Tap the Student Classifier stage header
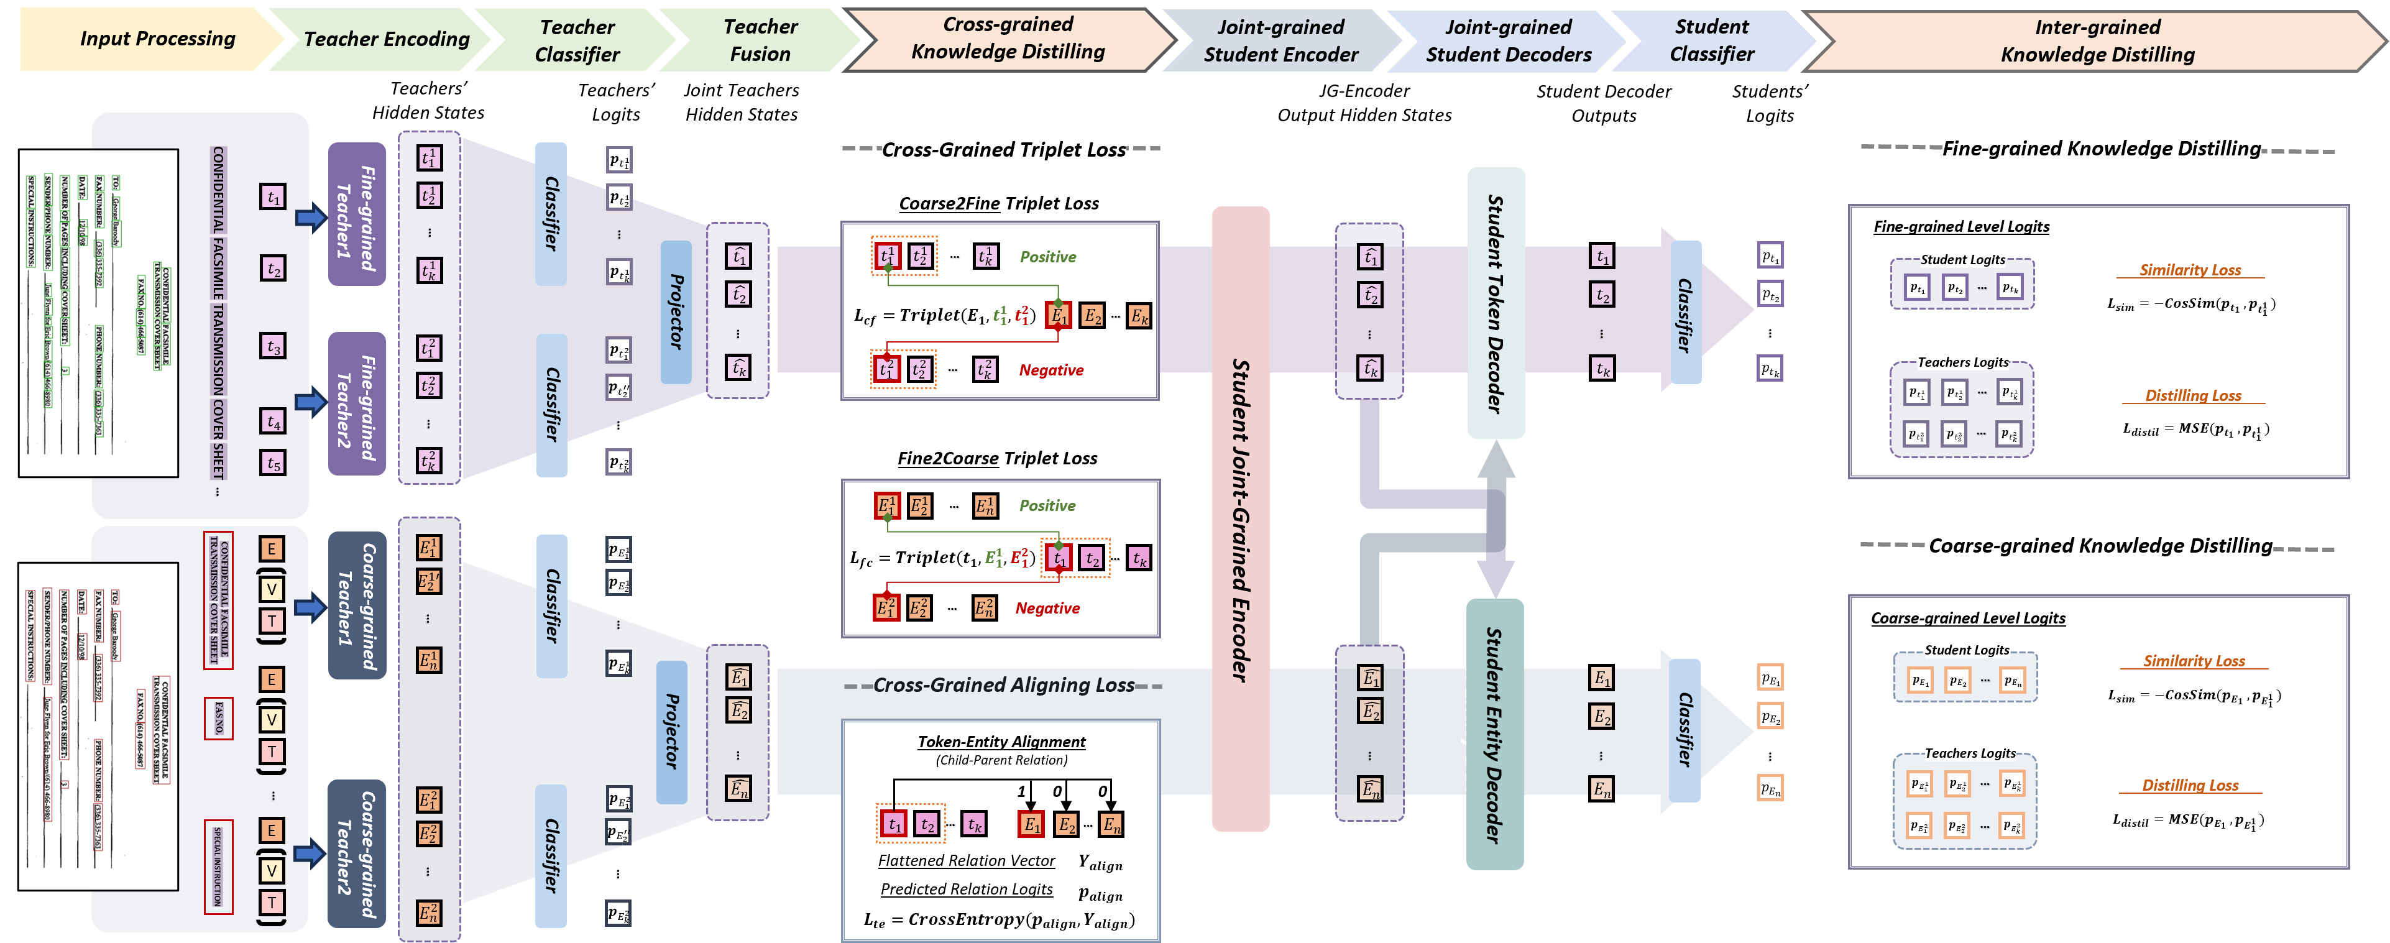tap(1712, 40)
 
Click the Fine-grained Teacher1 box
tap(357, 214)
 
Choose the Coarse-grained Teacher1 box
tap(357, 605)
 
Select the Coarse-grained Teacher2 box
tap(357, 853)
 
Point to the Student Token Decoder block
tap(1495, 303)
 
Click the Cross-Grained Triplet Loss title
tap(1003, 149)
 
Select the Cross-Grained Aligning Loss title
tap(1003, 685)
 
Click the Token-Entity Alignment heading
tap(1001, 742)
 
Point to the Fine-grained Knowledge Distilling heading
tap(2102, 149)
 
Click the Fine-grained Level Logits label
tap(1961, 226)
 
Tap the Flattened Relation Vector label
tap(967, 860)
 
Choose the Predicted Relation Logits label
tap(967, 889)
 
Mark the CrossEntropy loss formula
tap(1000, 920)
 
